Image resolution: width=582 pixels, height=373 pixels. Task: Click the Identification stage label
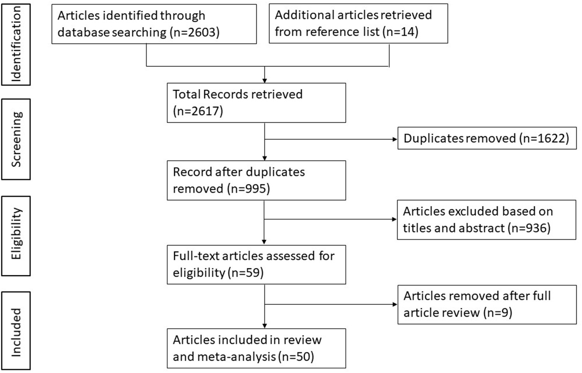point(16,44)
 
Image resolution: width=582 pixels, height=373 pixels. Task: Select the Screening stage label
point(16,139)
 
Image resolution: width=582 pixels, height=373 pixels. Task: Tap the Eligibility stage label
point(16,233)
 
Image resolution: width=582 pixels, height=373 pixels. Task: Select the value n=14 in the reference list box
point(400,32)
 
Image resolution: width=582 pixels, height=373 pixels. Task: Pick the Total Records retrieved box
point(256,103)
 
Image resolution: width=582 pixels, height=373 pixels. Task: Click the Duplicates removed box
point(486,138)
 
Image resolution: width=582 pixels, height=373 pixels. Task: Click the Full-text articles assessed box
point(256,264)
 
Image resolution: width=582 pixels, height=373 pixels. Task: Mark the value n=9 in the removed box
point(498,313)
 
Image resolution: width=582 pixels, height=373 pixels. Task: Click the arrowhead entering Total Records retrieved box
point(265,80)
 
